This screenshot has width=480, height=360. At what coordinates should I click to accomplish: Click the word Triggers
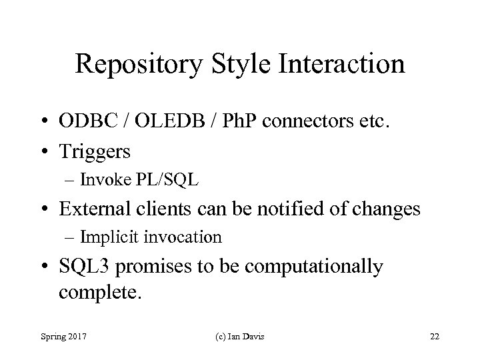(95, 152)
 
